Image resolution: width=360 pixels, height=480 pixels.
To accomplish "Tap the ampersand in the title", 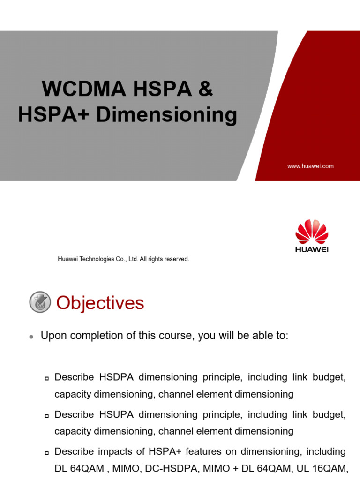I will (205, 89).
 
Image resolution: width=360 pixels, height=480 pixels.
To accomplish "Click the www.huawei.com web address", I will (310, 166).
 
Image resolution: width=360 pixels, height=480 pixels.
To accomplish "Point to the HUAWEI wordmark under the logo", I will (312, 249).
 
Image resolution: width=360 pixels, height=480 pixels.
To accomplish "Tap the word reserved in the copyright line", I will (176, 259).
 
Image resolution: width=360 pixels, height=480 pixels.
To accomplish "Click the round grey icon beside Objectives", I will (40, 302).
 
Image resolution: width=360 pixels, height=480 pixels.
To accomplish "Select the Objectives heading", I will (100, 303).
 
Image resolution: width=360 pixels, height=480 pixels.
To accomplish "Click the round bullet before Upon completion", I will (31, 337).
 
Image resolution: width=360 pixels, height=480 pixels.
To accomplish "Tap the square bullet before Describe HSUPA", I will (47, 415).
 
